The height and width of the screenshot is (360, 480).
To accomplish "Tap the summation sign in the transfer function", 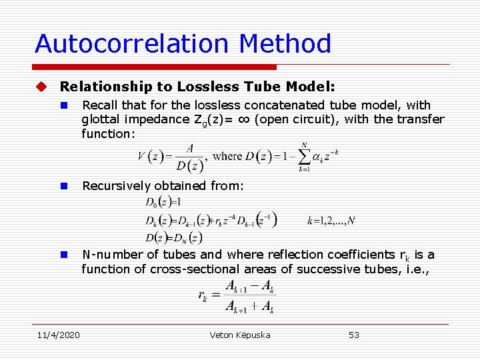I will [x=305, y=157].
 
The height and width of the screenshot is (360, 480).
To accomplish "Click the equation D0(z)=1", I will [x=164, y=202].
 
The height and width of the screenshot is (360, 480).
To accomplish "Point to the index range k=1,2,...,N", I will [x=331, y=219].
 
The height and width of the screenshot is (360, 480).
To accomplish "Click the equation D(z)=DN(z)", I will [x=174, y=237].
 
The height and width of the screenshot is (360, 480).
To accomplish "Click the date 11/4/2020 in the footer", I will [x=57, y=335].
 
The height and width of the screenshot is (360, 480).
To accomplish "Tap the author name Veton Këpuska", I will [x=240, y=335].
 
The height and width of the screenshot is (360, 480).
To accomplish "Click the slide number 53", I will [x=354, y=335].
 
